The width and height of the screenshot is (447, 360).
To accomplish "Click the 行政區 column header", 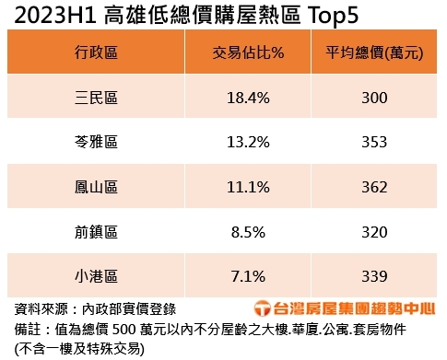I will coord(97,52).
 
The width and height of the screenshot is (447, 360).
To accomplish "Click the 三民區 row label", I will coord(97,97).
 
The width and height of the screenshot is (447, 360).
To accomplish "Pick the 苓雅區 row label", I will coord(97,142).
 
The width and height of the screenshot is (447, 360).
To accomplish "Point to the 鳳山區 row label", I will coord(97,187).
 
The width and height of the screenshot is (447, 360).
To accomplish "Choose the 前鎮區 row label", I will coord(97,232).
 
